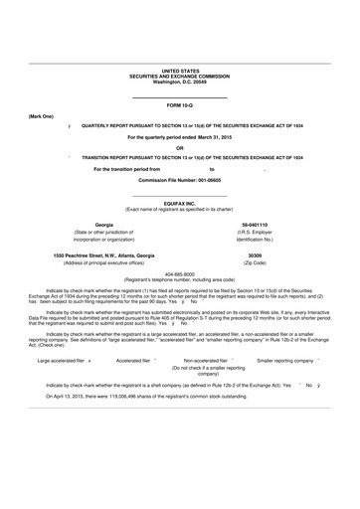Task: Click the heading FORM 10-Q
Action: coord(179,104)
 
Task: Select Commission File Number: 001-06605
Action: coord(179,180)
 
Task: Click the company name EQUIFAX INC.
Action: coord(179,203)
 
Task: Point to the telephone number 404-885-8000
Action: coord(179,273)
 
